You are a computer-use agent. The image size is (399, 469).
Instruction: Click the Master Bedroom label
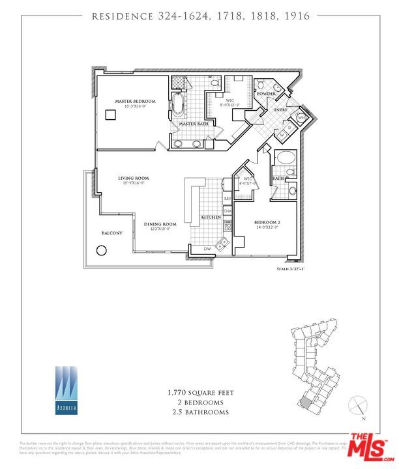point(135,102)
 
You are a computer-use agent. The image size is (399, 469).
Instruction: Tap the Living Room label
point(134,178)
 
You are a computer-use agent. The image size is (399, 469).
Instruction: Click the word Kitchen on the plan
point(210,217)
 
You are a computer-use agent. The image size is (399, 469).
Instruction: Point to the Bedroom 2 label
point(267,223)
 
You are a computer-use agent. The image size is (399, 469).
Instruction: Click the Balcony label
point(111,233)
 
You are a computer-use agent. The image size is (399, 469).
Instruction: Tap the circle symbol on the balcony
point(102,250)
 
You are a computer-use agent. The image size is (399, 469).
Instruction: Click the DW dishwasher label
point(206,249)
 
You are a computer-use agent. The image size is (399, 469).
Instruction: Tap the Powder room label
point(266,94)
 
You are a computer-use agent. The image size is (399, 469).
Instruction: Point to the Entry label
point(281,110)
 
